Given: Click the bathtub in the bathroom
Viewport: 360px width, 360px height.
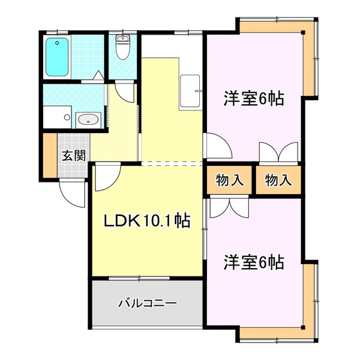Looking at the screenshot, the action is pyautogui.click(x=57, y=57).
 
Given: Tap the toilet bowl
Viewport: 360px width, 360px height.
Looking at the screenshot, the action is pyautogui.click(x=123, y=47).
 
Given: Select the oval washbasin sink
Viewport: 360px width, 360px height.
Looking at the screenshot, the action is pyautogui.click(x=89, y=120).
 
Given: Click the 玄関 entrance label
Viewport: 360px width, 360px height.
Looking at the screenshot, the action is pyautogui.click(x=74, y=156).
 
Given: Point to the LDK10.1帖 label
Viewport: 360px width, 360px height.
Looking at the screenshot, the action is pyautogui.click(x=147, y=221).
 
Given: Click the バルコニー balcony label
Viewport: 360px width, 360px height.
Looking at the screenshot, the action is pyautogui.click(x=147, y=303).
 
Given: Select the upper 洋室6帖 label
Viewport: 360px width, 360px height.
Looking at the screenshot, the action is pyautogui.click(x=254, y=98).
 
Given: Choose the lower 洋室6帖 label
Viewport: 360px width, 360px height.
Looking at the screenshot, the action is pyautogui.click(x=254, y=262).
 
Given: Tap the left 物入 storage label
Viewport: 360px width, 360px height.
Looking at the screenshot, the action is pyautogui.click(x=230, y=180).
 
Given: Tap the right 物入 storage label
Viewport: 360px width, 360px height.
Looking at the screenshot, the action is pyautogui.click(x=278, y=180).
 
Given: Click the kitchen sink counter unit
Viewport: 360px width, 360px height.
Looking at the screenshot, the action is pyautogui.click(x=190, y=91).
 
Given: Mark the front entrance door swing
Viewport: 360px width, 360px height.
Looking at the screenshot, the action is pyautogui.click(x=72, y=194).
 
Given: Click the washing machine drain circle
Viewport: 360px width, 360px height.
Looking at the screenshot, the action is pyautogui.click(x=67, y=117).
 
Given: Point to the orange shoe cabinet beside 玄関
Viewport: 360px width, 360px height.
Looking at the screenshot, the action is pyautogui.click(x=50, y=156).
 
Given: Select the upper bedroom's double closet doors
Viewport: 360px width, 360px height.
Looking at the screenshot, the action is pyautogui.click(x=278, y=152).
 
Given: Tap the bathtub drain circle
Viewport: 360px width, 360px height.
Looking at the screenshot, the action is pyautogui.click(x=57, y=43).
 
